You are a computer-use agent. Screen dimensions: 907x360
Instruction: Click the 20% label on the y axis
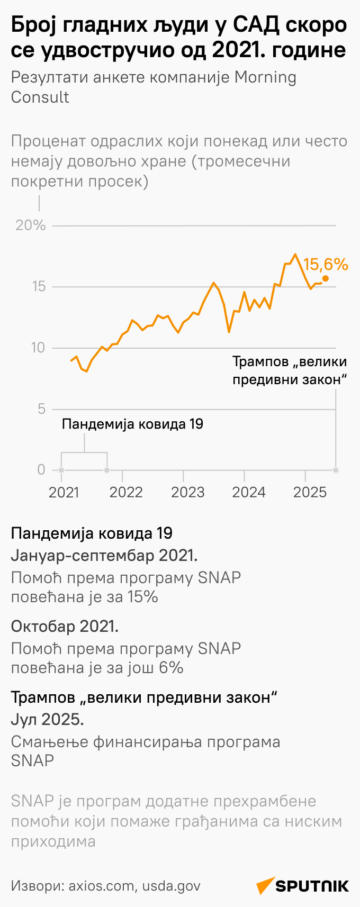(x=31, y=225)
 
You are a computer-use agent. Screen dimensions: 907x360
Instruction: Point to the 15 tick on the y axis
(x=39, y=287)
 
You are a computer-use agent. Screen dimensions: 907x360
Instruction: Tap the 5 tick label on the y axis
(x=41, y=409)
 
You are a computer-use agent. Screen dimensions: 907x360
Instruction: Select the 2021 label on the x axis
(x=64, y=492)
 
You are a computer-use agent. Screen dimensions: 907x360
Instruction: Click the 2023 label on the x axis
(x=187, y=492)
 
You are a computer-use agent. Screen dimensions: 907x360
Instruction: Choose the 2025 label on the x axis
(x=310, y=492)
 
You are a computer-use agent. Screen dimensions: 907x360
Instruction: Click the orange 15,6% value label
(x=326, y=265)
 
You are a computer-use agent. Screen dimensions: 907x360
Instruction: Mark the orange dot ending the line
(x=325, y=278)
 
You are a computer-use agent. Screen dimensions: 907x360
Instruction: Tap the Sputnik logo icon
(x=265, y=885)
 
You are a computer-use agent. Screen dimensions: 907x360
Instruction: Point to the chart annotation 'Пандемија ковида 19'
(x=132, y=424)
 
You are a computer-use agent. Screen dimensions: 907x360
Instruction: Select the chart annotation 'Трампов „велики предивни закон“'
(x=290, y=370)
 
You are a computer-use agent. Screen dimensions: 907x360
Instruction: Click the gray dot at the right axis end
(x=336, y=470)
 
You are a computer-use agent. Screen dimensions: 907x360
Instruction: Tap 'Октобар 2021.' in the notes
(x=65, y=626)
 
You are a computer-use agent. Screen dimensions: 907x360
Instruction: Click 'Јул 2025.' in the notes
(x=47, y=719)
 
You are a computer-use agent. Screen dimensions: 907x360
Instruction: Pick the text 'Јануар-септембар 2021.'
(x=104, y=556)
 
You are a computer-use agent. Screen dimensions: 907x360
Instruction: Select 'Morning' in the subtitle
(x=265, y=77)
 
